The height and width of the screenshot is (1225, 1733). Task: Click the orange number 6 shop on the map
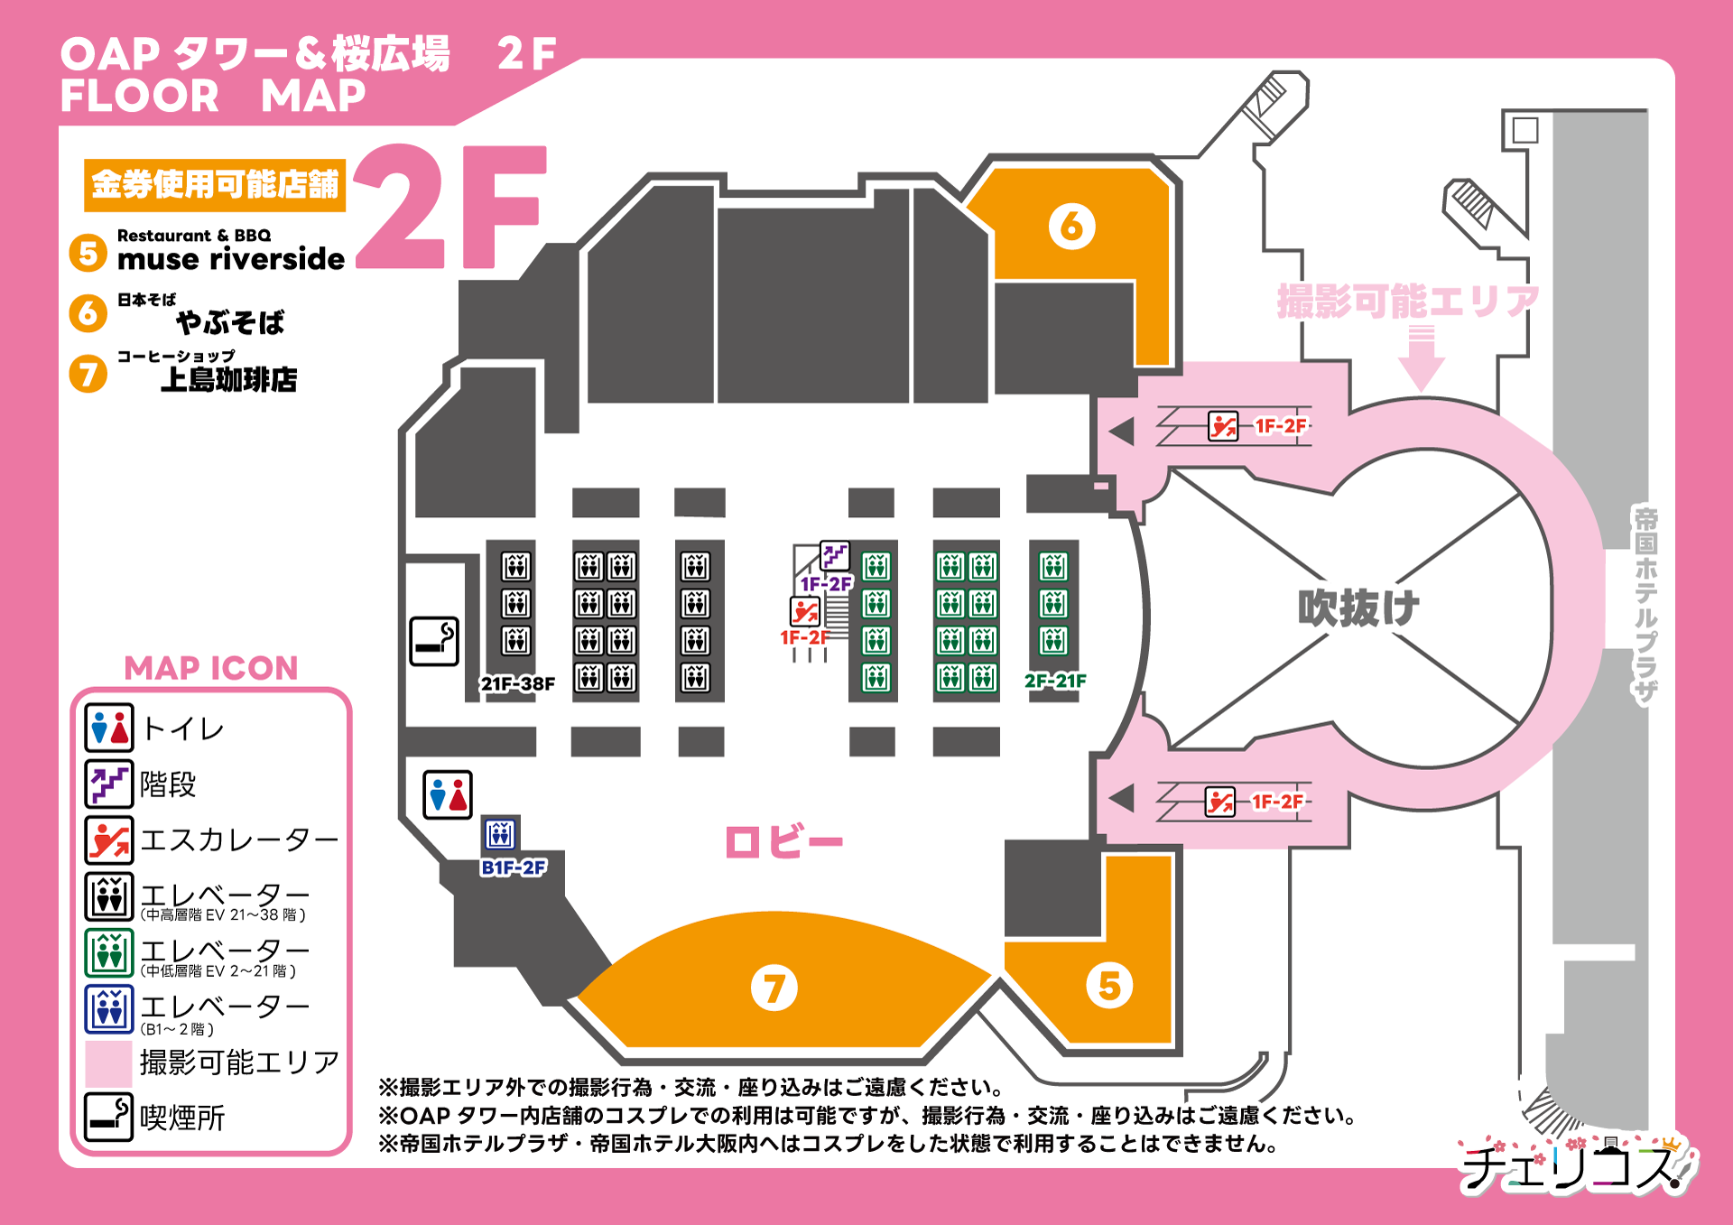pos(1071,227)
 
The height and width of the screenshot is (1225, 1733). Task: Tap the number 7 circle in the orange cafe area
pos(774,988)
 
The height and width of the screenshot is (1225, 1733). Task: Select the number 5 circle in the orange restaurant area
pos(1109,985)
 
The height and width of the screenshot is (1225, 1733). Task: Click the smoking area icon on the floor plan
pos(434,641)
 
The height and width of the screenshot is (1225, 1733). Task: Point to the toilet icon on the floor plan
pos(448,794)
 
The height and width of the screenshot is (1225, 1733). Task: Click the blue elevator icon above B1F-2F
pos(500,834)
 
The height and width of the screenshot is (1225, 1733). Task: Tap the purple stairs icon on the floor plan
pos(834,555)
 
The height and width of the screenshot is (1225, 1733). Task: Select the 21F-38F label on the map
pos(517,684)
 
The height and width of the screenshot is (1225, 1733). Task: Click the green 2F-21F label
pos(1055,681)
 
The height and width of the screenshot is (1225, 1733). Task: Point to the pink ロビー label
pos(783,842)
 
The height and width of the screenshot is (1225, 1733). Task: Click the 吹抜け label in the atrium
pos(1358,608)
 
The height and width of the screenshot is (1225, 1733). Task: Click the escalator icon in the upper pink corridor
pos(1223,426)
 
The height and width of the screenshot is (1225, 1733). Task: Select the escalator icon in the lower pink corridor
pos(1219,802)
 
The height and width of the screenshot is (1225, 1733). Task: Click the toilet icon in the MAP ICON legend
pos(109,729)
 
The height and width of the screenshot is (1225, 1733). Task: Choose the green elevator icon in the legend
pos(109,952)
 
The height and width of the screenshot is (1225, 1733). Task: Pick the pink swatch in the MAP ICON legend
pos(109,1063)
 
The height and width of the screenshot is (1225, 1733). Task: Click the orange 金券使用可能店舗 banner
pos(215,185)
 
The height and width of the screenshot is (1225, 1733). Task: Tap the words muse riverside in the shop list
pos(231,260)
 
